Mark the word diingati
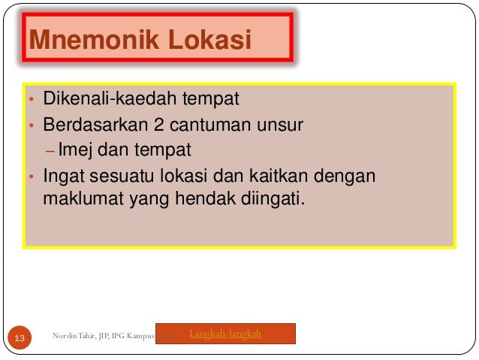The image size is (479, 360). tap(277, 201)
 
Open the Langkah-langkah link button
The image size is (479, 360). tap(226, 333)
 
